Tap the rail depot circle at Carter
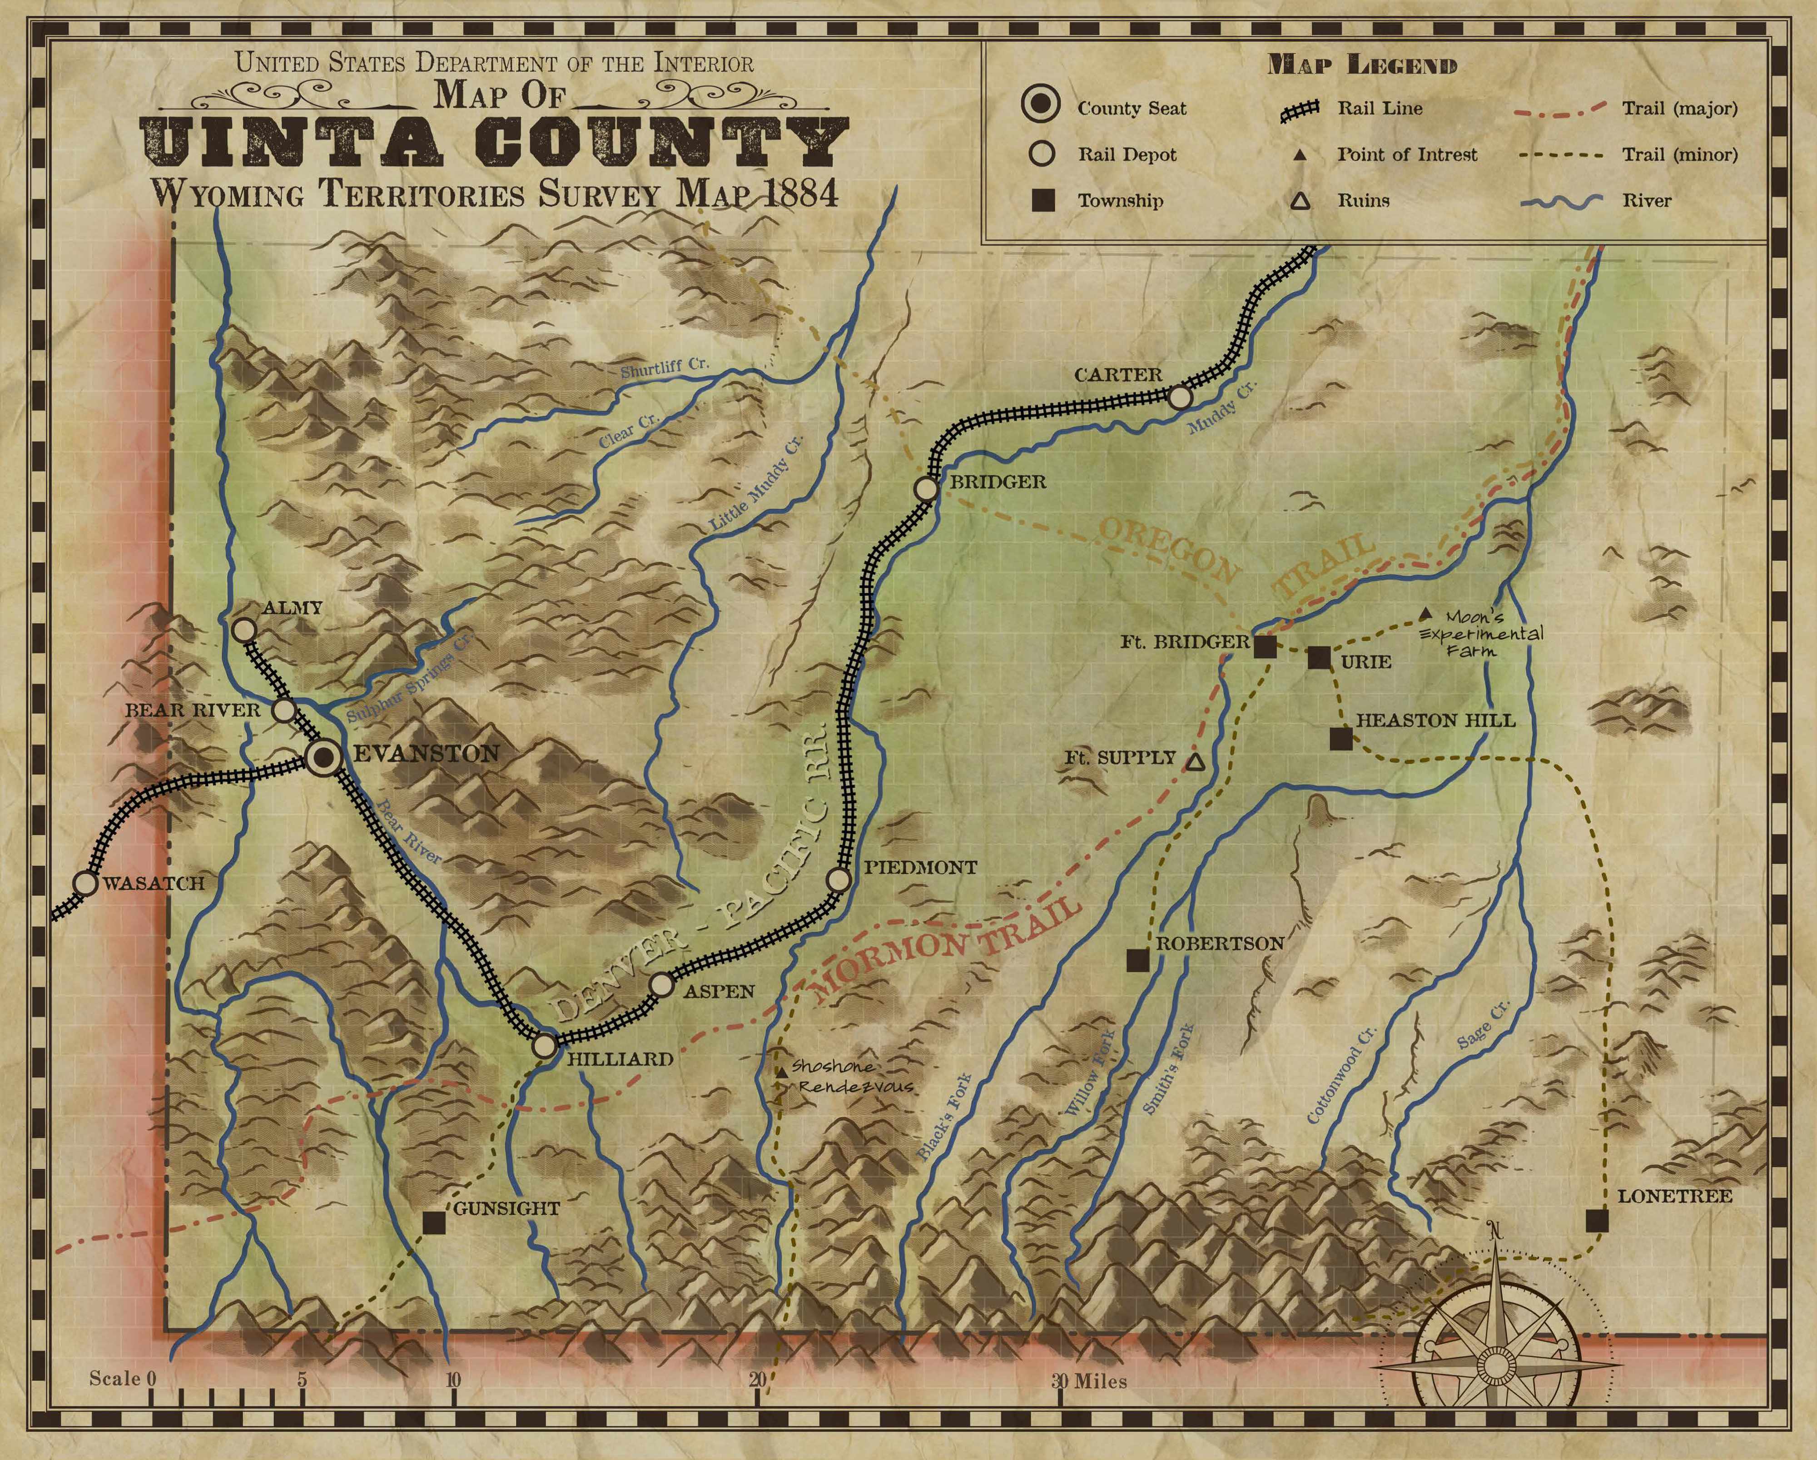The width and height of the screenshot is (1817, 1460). [1180, 397]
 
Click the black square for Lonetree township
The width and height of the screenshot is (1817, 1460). [1596, 1221]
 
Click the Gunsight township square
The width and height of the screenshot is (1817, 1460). [433, 1222]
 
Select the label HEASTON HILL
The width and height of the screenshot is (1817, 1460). [1435, 721]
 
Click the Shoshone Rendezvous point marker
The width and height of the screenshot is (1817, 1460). [781, 1072]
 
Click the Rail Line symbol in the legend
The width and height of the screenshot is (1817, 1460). [1299, 109]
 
